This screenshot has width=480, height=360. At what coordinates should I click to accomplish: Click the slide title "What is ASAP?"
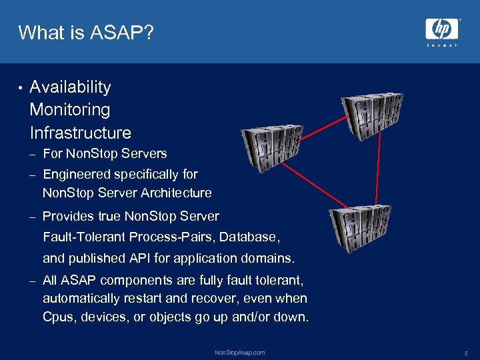86,32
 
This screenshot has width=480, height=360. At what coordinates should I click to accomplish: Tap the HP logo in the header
442,29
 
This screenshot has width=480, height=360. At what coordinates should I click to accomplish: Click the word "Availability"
70,87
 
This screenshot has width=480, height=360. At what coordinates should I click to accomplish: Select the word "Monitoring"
70,109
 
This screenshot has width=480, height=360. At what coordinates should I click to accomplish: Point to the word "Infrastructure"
80,132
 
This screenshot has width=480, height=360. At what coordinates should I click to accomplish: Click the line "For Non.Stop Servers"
105,154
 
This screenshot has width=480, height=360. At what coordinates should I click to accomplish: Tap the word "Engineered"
77,175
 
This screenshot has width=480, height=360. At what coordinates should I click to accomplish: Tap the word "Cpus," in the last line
59,317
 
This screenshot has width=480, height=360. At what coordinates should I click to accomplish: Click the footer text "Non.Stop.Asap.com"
240,352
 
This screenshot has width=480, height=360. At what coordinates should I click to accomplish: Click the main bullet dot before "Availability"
21,88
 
